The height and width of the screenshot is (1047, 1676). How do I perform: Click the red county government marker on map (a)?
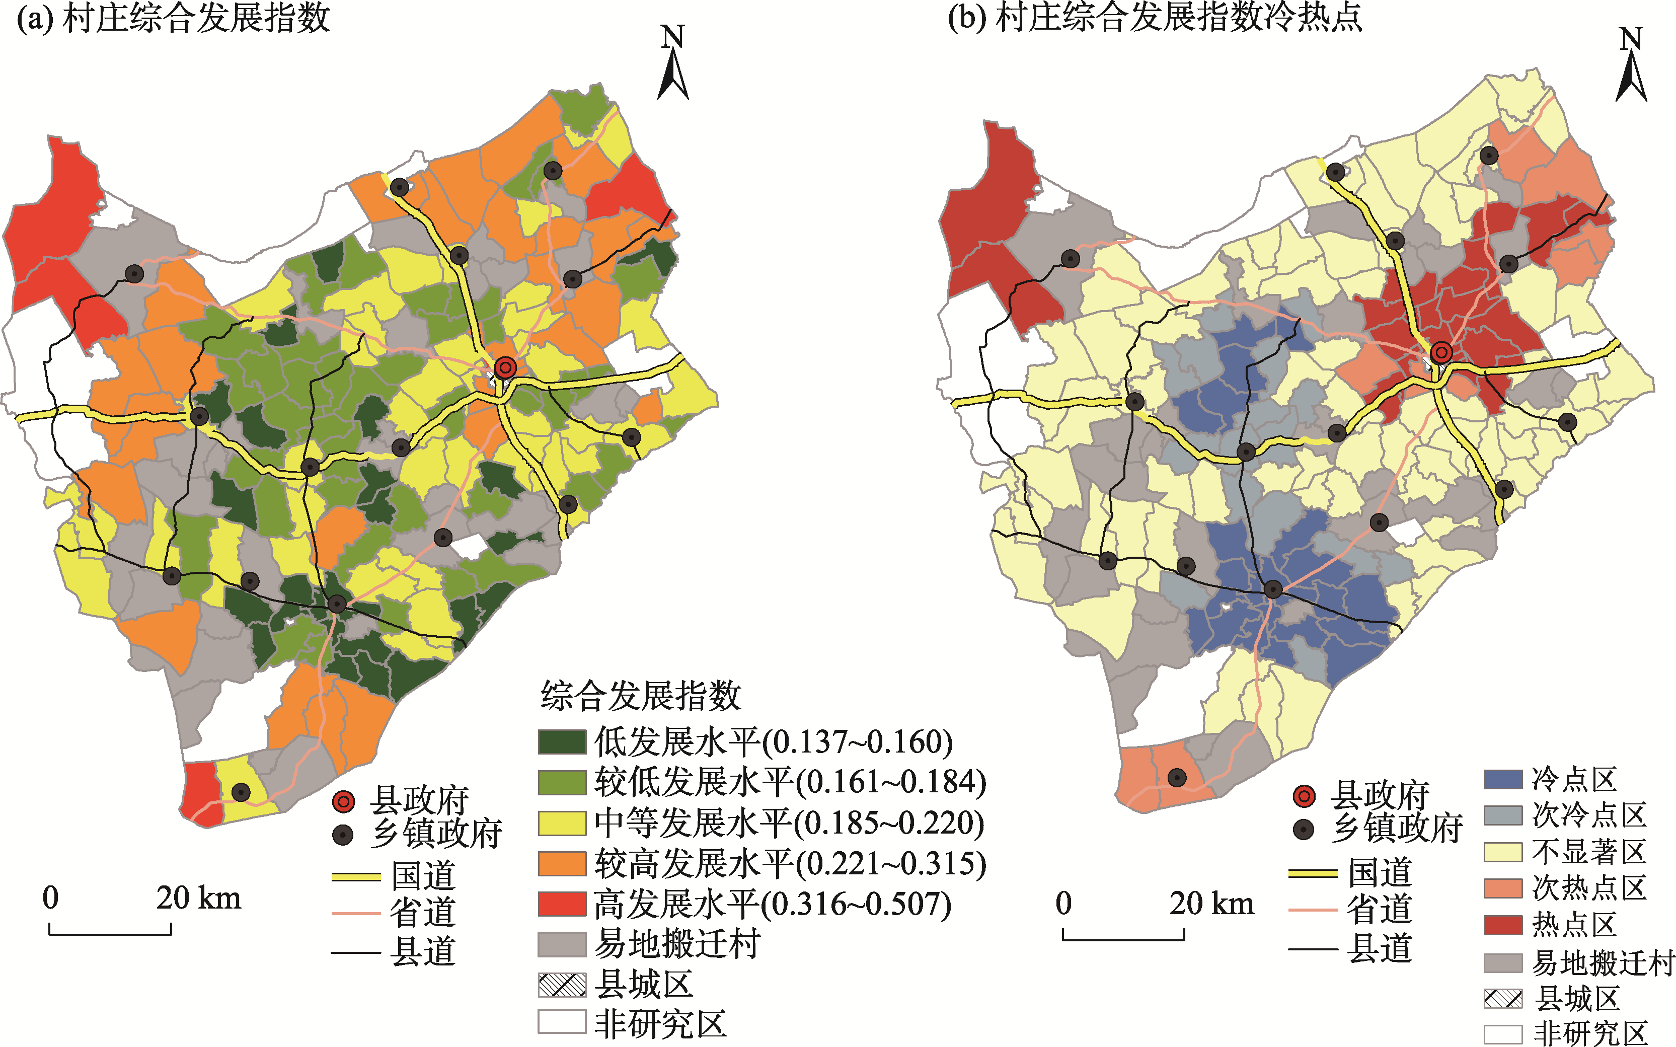pos(505,367)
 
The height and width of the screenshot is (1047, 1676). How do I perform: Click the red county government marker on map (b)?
pos(1442,352)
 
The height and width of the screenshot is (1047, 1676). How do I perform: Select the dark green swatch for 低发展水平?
pos(562,741)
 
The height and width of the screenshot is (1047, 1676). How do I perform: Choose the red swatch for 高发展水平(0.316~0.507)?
pos(562,904)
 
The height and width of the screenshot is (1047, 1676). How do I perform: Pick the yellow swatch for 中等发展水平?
pos(562,822)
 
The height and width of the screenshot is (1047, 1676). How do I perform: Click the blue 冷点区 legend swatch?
pos(1502,780)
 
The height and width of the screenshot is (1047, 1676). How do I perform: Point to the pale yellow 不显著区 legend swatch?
pos(1502,852)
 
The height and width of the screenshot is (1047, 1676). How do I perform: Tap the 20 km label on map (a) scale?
pos(199,898)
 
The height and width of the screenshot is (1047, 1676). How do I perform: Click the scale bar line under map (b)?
pos(1123,939)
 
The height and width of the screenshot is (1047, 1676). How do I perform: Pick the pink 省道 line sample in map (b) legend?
pos(1313,909)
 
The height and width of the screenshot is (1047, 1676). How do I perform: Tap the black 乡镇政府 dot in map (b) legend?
pos(1304,830)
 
